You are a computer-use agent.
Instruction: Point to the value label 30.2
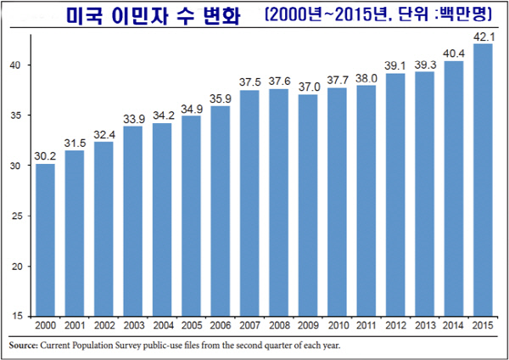pos(45,155)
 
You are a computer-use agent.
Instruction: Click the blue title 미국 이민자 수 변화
pos(158,15)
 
